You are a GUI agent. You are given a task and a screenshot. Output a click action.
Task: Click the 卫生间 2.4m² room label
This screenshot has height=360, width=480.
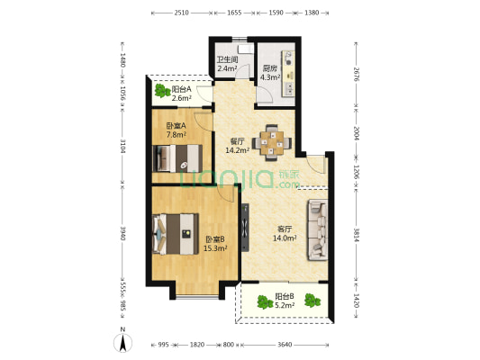click(x=227, y=64)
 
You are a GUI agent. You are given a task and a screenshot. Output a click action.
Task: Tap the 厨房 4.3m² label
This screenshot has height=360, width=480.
click(x=270, y=73)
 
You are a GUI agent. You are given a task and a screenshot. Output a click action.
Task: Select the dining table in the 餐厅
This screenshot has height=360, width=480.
click(x=272, y=142)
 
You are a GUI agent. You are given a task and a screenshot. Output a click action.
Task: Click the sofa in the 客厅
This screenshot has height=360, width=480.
click(x=318, y=230)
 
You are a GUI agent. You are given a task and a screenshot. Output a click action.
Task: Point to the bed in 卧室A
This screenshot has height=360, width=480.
click(x=177, y=158)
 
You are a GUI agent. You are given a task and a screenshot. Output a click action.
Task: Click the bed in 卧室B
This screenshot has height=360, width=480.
click(x=176, y=234)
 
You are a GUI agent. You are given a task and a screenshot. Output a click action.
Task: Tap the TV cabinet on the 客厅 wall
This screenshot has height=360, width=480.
click(x=245, y=228)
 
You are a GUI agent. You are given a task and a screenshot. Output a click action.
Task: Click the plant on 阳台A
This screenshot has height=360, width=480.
click(x=161, y=91)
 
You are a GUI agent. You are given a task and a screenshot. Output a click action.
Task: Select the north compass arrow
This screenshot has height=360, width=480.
click(x=122, y=343)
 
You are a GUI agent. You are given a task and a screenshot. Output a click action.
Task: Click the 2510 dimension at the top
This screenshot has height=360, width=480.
click(x=182, y=13)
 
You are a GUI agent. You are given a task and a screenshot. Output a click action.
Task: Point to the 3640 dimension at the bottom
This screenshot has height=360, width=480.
click(x=285, y=345)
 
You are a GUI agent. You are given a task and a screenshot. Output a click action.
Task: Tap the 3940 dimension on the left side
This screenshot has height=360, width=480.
click(x=122, y=233)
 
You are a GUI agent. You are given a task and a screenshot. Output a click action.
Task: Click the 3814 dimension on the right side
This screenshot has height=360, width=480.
click(x=356, y=235)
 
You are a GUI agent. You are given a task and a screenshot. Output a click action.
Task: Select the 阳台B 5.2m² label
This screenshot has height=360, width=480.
click(x=285, y=301)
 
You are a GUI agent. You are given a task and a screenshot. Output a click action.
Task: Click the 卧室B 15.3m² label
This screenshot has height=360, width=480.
click(x=215, y=244)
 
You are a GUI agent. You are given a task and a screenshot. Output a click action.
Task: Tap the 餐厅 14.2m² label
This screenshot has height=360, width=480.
click(x=237, y=146)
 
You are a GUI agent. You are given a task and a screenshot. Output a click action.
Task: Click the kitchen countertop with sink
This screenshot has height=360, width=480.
click(x=288, y=74)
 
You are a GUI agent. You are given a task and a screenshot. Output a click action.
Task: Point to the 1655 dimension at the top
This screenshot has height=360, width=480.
click(x=234, y=13)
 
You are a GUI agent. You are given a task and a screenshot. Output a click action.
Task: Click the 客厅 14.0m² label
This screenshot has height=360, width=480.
click(x=285, y=233)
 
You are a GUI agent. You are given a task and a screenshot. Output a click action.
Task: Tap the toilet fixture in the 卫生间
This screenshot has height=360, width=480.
click(x=246, y=49)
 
